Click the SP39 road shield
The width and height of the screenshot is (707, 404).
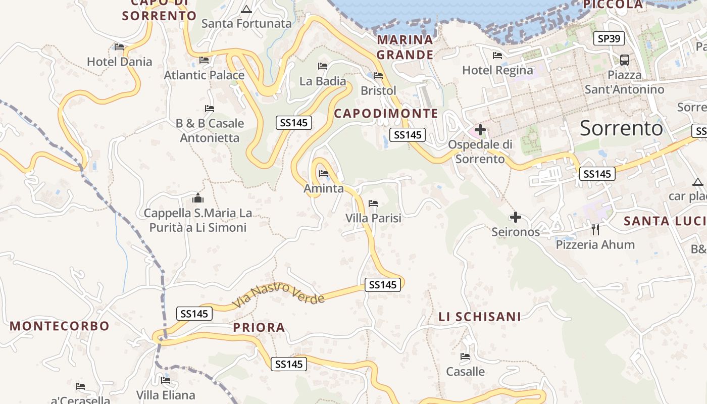coord(609,38)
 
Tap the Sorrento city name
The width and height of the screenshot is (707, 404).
coord(621,128)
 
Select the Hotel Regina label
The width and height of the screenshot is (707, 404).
coord(497,70)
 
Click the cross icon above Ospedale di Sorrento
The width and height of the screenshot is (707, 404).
coord(480,130)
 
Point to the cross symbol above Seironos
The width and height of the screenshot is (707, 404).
coord(515,217)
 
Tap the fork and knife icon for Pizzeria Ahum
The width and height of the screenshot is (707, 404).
coord(595,230)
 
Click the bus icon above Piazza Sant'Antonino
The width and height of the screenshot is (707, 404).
coord(625,60)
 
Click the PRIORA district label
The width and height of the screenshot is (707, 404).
coord(259,327)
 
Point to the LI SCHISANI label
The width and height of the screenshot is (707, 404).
coord(479,317)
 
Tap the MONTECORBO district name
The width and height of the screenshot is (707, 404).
coord(60,326)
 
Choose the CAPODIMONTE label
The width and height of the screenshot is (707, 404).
coord(386,113)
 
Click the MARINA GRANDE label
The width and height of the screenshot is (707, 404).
coord(405,47)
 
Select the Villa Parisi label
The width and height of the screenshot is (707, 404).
coord(373,218)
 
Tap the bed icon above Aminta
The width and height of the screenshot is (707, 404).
coord(324,174)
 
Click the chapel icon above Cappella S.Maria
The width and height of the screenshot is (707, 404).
coord(198,197)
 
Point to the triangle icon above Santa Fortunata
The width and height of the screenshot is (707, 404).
coord(246,9)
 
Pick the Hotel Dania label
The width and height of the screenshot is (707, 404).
coord(119,62)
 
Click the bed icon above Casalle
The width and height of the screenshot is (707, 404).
coord(465,357)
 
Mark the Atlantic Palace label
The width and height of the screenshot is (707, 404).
coord(204,75)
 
